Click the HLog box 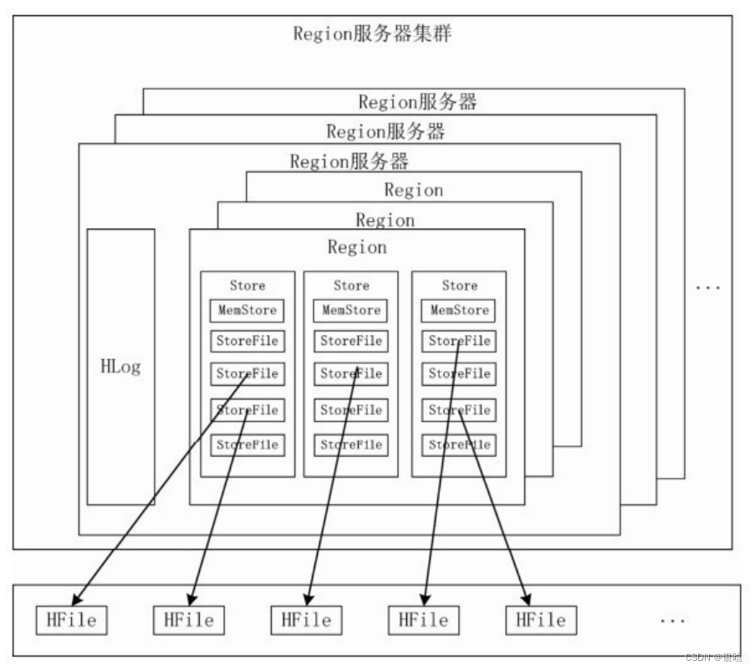pyautogui.click(x=120, y=367)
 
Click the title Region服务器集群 pyautogui.click(x=373, y=34)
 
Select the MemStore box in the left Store pyautogui.click(x=247, y=311)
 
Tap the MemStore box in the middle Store pyautogui.click(x=351, y=311)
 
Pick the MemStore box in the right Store pyautogui.click(x=459, y=311)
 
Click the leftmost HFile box pyautogui.click(x=71, y=621)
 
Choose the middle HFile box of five pyautogui.click(x=306, y=621)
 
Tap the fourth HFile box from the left pyautogui.click(x=423, y=621)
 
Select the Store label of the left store pyautogui.click(x=247, y=286)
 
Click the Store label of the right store pyautogui.click(x=459, y=286)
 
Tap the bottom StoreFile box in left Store pyautogui.click(x=247, y=445)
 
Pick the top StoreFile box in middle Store pyautogui.click(x=351, y=341)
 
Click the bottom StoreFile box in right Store pyautogui.click(x=459, y=445)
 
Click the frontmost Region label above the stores pyautogui.click(x=357, y=247)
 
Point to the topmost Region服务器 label pyautogui.click(x=417, y=102)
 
